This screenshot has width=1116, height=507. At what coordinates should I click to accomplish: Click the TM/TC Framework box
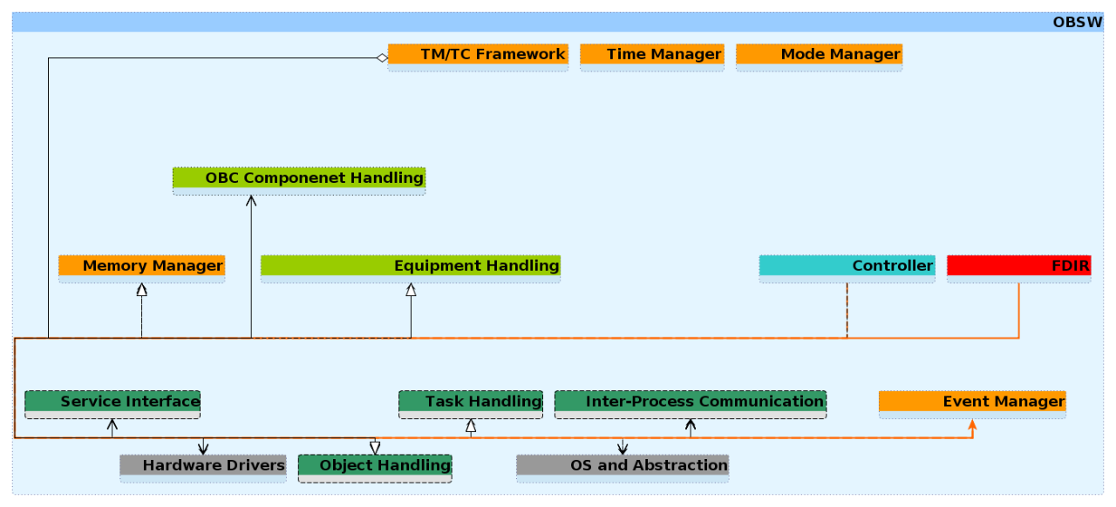tap(478, 57)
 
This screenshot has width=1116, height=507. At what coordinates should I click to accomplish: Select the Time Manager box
tap(651, 57)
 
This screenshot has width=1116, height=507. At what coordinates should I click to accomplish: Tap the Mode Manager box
tap(819, 57)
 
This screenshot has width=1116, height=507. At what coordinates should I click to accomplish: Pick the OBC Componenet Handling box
tap(299, 181)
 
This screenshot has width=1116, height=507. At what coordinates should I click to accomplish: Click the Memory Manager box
tap(141, 269)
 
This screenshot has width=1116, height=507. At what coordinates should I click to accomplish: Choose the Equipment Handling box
tap(411, 269)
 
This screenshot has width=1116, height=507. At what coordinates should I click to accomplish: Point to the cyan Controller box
tap(847, 269)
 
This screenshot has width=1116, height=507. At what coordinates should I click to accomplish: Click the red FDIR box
tap(1019, 269)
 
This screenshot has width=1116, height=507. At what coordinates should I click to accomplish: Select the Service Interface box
tap(112, 404)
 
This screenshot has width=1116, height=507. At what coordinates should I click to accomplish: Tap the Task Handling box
tap(471, 404)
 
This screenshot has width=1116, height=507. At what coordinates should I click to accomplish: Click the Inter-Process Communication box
tap(691, 404)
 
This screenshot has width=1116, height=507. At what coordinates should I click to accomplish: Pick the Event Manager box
tap(972, 404)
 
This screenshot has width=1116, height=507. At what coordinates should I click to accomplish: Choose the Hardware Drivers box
tap(203, 468)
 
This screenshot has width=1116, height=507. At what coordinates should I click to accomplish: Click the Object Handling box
tap(375, 468)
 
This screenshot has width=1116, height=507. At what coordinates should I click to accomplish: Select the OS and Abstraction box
tap(623, 468)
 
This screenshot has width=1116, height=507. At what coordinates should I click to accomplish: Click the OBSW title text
tap(1078, 23)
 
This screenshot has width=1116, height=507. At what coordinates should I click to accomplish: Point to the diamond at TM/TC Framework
tap(382, 57)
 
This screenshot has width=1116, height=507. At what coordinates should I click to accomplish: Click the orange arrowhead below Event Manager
tap(972, 424)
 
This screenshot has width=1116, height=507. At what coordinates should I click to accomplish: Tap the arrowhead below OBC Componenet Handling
tap(251, 200)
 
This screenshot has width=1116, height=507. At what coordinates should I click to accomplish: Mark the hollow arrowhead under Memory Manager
tap(142, 289)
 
